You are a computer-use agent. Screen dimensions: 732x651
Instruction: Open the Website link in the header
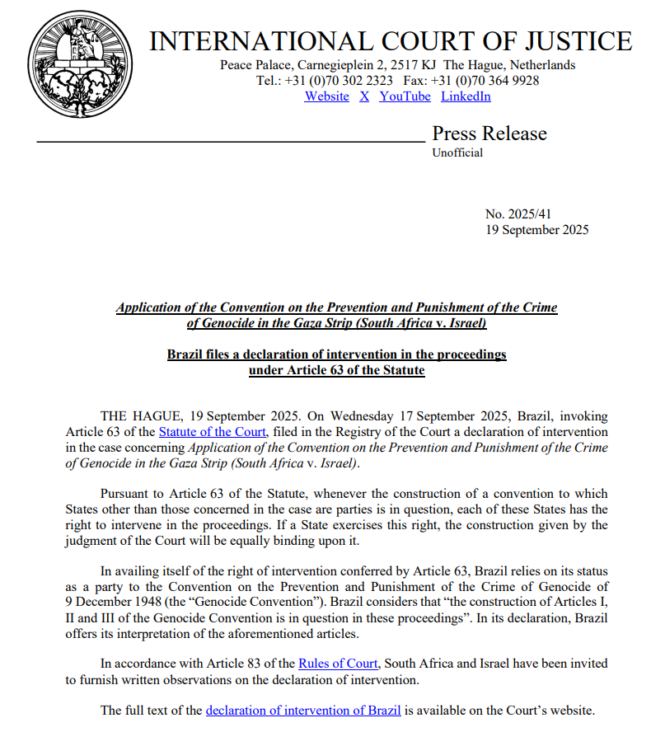pos(326,96)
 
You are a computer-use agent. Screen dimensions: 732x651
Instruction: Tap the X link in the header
pos(364,96)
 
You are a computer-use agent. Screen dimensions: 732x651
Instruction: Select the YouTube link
pos(405,96)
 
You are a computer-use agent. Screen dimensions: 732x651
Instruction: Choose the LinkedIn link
pos(466,96)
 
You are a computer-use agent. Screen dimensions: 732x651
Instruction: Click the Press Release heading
pos(489,134)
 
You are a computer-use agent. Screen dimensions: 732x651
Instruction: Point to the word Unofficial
pos(457,152)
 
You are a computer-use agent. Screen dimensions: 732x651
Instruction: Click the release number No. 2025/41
pos(518,214)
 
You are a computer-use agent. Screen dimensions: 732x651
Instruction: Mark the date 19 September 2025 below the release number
pos(537,230)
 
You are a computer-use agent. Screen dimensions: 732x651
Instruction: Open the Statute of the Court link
pos(213,431)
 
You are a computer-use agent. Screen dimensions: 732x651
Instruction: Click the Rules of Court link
pos(338,663)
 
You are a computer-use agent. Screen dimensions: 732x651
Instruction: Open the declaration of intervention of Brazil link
pos(303,710)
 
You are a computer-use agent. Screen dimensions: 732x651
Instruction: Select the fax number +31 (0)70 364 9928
pos(488,81)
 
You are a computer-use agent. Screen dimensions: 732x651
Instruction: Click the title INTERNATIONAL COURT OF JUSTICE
pos(391,41)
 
